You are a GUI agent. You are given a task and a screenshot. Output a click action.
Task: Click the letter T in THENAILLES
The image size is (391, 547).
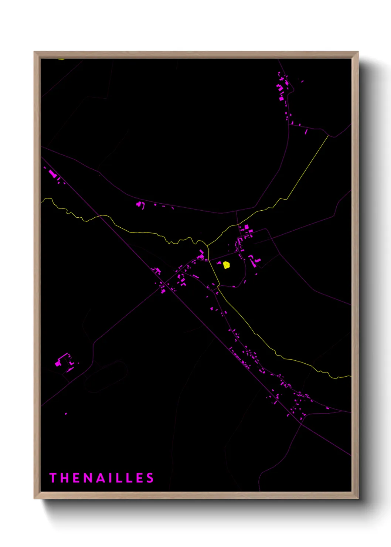(52, 478)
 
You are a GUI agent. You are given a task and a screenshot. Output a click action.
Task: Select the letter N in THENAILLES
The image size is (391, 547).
(87, 478)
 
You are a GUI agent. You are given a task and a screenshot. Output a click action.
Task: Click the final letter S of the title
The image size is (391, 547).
(150, 478)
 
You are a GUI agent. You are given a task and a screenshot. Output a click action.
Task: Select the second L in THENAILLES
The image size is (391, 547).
(128, 478)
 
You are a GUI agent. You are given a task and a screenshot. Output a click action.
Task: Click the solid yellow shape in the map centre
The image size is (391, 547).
(226, 265)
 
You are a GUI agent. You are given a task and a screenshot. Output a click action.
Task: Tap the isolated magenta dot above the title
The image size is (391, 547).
(66, 414)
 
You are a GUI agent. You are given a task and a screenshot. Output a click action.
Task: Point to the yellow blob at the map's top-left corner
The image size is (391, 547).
(61, 58)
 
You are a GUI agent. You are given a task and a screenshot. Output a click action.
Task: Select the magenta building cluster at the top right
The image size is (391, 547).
(283, 91)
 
